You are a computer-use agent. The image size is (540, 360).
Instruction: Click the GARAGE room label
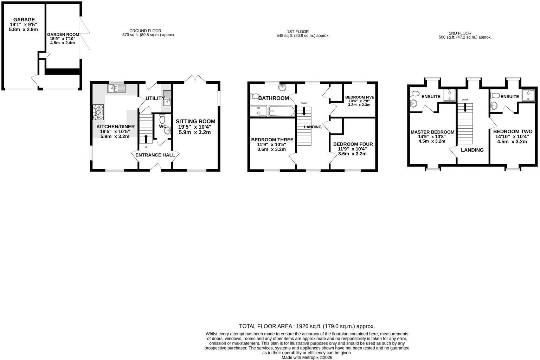24,20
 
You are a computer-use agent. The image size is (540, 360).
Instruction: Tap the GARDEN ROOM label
63,34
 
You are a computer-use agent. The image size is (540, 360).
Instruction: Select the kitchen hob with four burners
98,112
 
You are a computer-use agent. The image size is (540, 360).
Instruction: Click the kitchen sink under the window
116,88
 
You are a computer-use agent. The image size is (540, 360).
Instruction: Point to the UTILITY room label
155,98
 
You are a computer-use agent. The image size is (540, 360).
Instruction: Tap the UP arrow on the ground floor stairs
146,139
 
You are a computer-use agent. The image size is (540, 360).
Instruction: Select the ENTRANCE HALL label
155,155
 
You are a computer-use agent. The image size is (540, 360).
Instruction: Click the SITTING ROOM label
195,121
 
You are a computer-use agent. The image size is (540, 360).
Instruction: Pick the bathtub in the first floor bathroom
282,111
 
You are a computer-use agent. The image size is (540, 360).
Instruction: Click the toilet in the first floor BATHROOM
255,96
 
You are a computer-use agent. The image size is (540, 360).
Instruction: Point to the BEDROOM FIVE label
359,97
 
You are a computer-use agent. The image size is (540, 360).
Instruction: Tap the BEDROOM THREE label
272,140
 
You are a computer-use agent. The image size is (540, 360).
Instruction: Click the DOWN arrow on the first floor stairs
304,111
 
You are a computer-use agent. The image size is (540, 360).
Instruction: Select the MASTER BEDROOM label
432,132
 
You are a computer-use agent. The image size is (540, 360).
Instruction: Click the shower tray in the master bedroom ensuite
449,95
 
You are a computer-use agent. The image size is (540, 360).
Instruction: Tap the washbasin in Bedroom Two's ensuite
494,105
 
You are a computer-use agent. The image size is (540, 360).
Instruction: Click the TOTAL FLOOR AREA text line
307,326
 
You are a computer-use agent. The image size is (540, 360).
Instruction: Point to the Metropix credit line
307,357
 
